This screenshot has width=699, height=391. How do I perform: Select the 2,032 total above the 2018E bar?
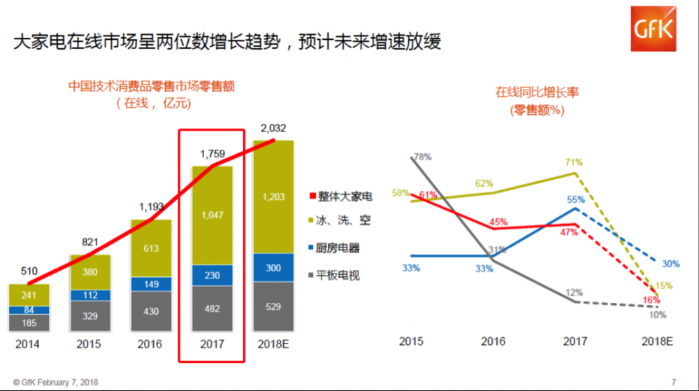point(273,129)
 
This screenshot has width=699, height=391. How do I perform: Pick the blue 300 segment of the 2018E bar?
point(273,267)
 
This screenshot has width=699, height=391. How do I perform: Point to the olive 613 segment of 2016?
point(150,248)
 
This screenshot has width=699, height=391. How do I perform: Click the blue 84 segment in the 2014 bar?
point(29,310)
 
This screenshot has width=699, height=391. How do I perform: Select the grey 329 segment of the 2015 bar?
point(89,316)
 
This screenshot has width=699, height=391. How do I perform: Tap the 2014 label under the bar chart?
point(29,345)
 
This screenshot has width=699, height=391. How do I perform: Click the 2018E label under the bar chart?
point(273,345)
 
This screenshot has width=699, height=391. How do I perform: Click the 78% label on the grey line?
point(422,157)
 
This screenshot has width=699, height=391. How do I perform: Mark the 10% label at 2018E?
point(658,315)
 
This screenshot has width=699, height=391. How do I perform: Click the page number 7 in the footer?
point(674,382)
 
